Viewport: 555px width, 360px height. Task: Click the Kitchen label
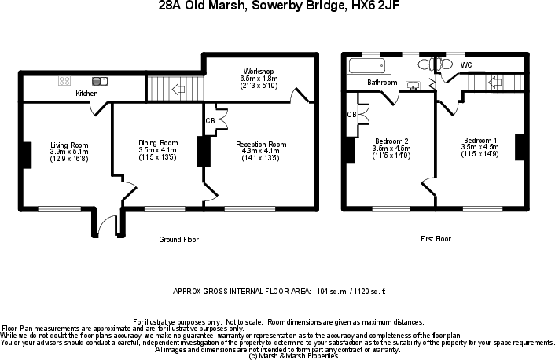point(86,94)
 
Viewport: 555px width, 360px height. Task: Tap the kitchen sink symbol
point(99,80)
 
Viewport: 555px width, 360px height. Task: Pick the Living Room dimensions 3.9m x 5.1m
point(69,152)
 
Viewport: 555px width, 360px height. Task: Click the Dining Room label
point(158,142)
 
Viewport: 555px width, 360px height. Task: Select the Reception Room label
point(261,145)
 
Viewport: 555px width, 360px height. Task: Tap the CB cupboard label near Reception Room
point(209,120)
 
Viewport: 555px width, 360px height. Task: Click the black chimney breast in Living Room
point(27,154)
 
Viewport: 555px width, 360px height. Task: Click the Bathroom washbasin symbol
point(412,84)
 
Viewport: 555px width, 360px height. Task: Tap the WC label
point(466,64)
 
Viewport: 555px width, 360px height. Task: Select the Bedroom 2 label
point(391,142)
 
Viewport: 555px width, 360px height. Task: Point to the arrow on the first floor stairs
point(495,82)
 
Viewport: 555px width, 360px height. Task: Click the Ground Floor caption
point(178,239)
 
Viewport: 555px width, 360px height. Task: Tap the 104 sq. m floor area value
point(333,290)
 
